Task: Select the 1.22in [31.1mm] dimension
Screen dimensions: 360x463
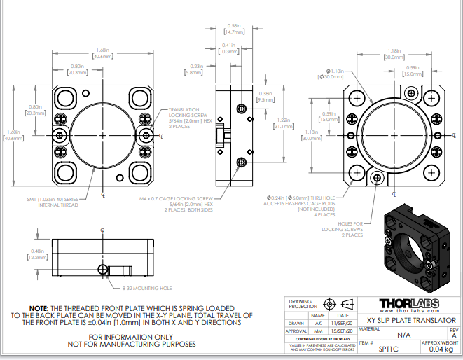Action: click(284, 123)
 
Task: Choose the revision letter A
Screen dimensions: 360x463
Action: click(453, 335)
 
